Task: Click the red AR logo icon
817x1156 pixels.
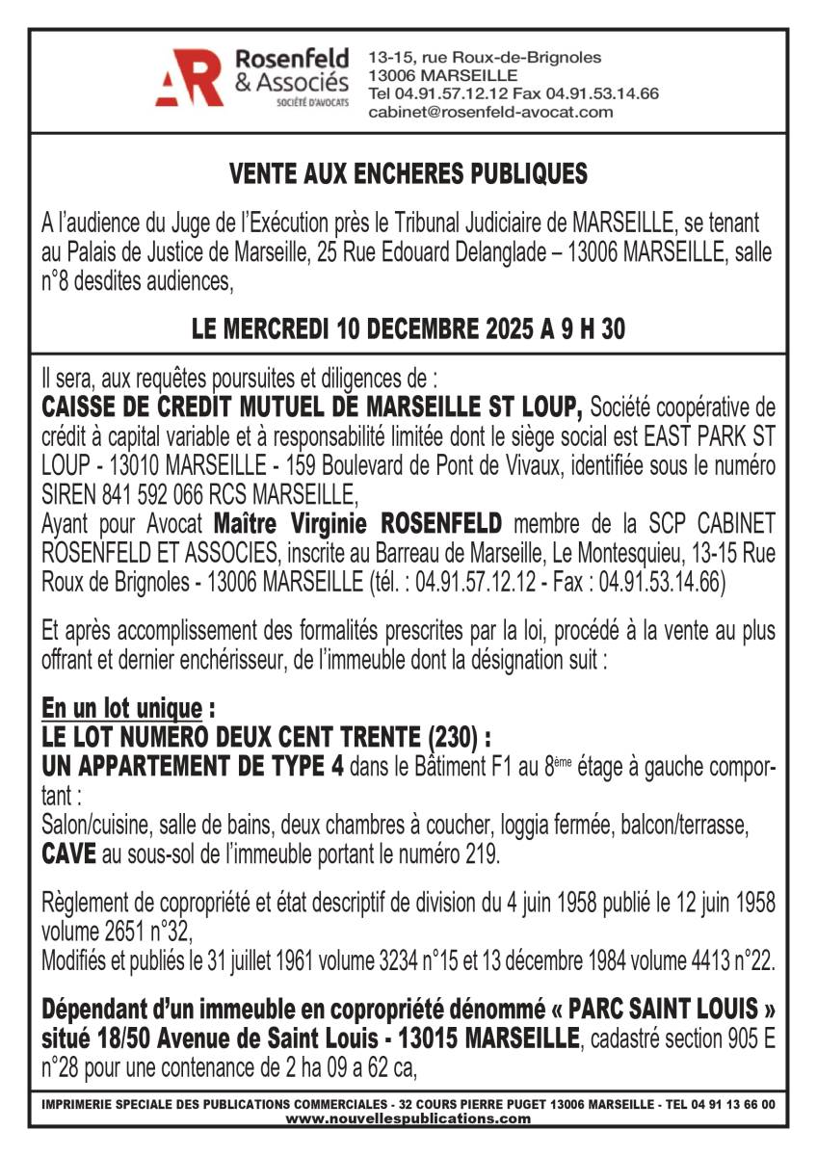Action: click(x=190, y=77)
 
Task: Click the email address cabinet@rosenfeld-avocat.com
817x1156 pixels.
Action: click(x=490, y=113)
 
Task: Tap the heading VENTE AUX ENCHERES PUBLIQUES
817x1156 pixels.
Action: click(x=408, y=174)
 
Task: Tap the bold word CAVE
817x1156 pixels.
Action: click(x=67, y=853)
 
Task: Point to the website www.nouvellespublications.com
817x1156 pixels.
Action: click(x=408, y=1119)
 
